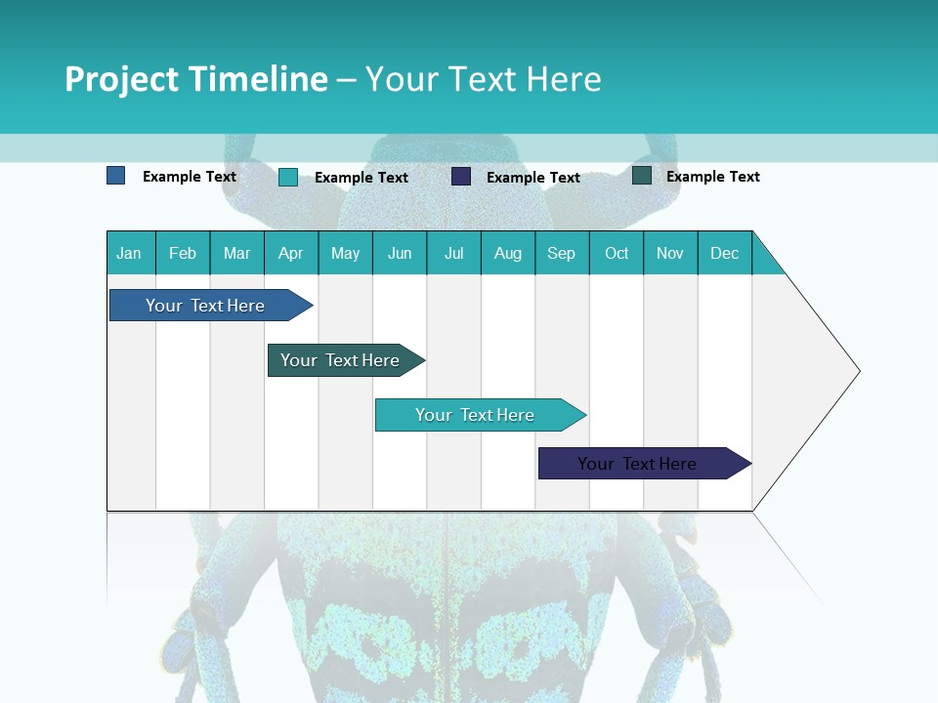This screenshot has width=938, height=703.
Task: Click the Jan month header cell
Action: point(130,253)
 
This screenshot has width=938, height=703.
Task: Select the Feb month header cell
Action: point(183,253)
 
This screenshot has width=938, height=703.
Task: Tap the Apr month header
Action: point(291,253)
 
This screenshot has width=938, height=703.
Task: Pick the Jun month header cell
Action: point(400,253)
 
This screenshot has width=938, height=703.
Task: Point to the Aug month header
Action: point(508,253)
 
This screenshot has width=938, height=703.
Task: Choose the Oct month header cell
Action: point(617,253)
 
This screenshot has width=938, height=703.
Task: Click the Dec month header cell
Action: point(725,253)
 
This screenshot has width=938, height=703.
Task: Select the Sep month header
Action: point(562,253)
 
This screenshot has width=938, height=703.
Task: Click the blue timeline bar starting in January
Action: point(206,306)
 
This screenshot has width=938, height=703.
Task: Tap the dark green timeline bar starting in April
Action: point(340,360)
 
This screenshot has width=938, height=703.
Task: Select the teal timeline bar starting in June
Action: point(475,415)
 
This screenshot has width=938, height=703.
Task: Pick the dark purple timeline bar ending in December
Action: point(637,464)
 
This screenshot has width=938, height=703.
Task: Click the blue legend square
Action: point(116,176)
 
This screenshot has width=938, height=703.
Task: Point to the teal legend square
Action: point(288,177)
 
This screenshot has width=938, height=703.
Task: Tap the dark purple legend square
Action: point(461,177)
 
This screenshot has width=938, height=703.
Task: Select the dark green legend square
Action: point(642,176)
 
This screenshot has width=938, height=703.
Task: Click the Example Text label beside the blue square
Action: point(190,177)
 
